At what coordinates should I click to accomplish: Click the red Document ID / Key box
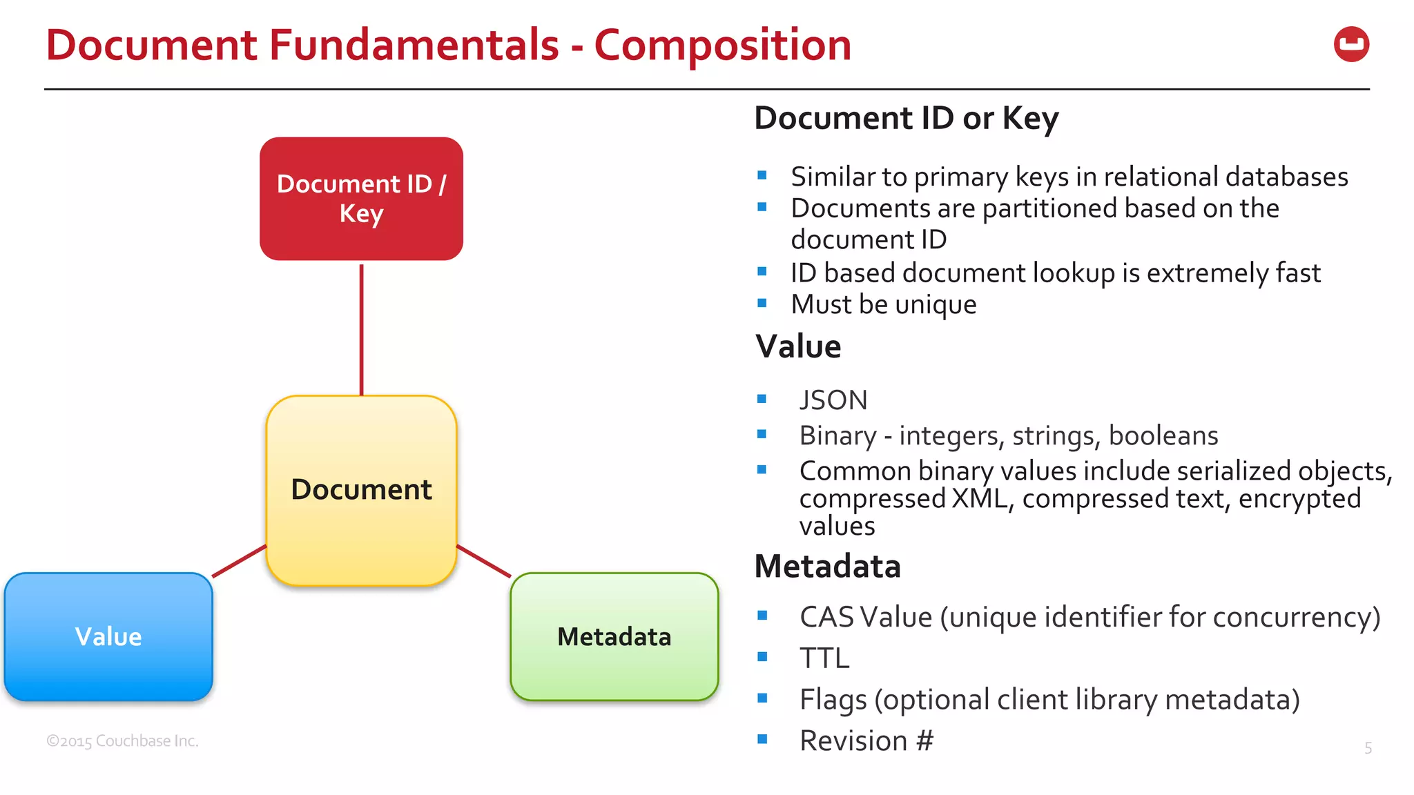(361, 199)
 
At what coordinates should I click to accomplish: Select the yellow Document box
(361, 490)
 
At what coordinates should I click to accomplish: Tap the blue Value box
(108, 636)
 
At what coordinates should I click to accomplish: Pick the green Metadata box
(614, 636)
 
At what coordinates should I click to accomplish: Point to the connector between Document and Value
(239, 561)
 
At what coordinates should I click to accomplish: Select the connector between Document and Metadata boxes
(483, 561)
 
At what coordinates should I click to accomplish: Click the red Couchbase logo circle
(1351, 45)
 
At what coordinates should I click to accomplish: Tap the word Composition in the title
(722, 46)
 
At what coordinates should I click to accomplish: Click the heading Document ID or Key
(906, 118)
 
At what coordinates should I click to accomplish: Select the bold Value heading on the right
(798, 346)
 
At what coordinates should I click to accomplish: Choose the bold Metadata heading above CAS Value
(827, 567)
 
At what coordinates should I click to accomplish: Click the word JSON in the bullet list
(833, 400)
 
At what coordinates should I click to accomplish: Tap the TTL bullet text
(824, 658)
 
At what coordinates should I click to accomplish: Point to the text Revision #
(866, 740)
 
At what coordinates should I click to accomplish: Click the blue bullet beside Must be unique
(762, 303)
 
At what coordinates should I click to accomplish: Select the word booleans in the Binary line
(1163, 435)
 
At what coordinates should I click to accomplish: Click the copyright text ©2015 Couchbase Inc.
(122, 741)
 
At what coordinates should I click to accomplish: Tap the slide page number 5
(1368, 748)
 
